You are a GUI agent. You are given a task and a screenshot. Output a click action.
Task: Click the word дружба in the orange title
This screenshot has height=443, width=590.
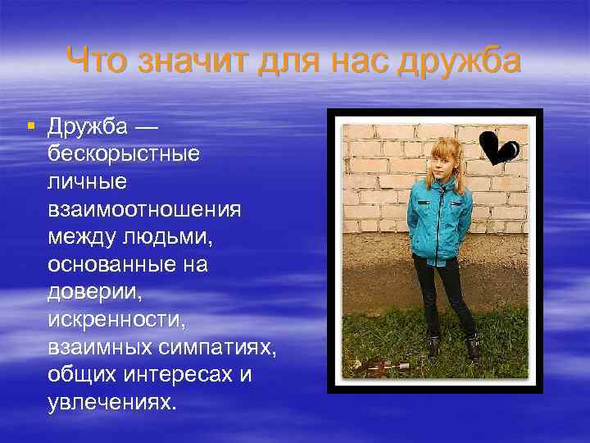tap(459, 60)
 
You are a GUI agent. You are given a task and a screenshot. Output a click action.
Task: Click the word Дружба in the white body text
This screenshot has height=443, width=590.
tap(88, 127)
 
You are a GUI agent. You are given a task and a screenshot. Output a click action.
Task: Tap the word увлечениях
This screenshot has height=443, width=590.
tap(111, 403)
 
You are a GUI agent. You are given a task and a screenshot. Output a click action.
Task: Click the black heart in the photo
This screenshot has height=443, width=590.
tap(497, 148)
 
